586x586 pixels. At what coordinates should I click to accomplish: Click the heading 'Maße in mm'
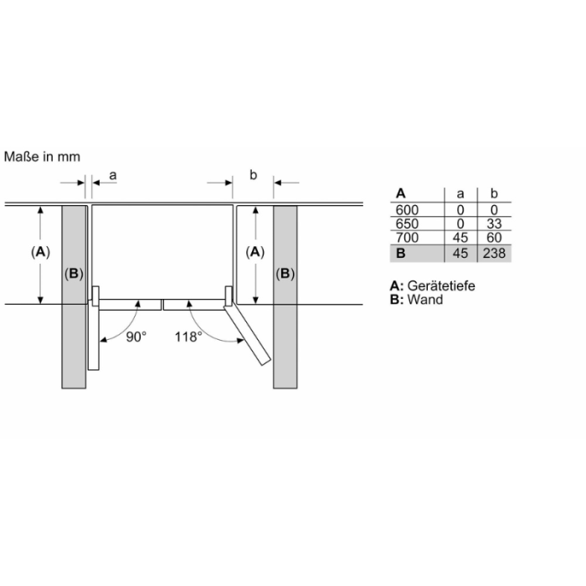(x=43, y=157)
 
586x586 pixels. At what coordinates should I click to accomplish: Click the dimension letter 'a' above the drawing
(x=113, y=175)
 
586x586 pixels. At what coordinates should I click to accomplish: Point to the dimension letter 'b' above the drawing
(x=254, y=175)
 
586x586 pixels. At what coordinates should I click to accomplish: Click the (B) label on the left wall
(x=75, y=274)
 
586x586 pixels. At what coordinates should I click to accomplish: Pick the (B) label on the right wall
(x=285, y=274)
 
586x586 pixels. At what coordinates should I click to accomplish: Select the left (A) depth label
(x=39, y=252)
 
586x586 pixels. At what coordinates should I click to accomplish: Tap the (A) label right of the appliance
(x=255, y=252)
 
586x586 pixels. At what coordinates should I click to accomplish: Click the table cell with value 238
(x=495, y=253)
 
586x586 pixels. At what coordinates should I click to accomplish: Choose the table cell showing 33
(x=495, y=224)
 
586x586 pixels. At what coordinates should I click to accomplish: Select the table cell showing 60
(x=495, y=238)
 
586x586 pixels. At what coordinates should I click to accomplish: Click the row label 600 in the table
(x=405, y=209)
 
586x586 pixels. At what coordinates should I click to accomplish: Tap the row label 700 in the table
(x=405, y=238)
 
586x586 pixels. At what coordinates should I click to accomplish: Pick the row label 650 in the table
(x=405, y=224)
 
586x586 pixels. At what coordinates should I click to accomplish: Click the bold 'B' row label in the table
(x=400, y=253)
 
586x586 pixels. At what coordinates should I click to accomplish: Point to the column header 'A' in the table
(x=400, y=193)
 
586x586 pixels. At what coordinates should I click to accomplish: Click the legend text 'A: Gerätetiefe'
(x=432, y=285)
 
